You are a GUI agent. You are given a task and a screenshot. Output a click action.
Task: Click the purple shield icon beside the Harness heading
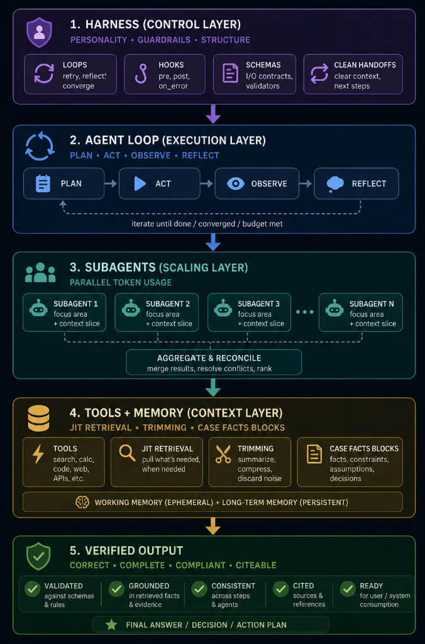[39, 32]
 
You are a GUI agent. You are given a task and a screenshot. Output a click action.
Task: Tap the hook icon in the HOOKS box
[141, 74]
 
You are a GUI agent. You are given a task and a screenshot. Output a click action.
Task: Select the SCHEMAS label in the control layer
[263, 65]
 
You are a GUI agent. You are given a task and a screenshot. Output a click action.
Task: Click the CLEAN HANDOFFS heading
[365, 65]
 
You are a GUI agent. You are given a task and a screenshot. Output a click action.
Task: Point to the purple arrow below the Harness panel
[213, 114]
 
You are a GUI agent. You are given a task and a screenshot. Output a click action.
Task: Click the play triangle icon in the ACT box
[140, 183]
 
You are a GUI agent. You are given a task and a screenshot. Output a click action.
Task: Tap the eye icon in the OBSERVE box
[236, 183]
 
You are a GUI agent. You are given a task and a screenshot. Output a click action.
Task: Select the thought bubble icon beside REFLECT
[335, 184]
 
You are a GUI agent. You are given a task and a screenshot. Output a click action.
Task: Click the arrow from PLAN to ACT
[111, 183]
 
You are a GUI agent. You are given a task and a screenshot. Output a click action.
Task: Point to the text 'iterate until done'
[161, 224]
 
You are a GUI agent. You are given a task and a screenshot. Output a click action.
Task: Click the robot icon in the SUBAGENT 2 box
[131, 308]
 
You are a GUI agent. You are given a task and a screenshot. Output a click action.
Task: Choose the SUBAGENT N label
[372, 304]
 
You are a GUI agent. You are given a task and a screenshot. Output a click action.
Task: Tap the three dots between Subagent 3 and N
[304, 312]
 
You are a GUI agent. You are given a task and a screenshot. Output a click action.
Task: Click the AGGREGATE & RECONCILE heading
[209, 358]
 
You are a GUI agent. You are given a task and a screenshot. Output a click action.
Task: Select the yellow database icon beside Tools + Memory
[38, 418]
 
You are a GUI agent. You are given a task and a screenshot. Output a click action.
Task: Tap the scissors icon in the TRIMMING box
[223, 455]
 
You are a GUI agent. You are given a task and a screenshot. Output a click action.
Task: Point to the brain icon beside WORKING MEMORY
[82, 502]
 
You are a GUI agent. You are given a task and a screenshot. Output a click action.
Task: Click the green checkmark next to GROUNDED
[117, 589]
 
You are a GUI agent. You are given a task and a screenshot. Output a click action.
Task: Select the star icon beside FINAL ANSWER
[111, 625]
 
